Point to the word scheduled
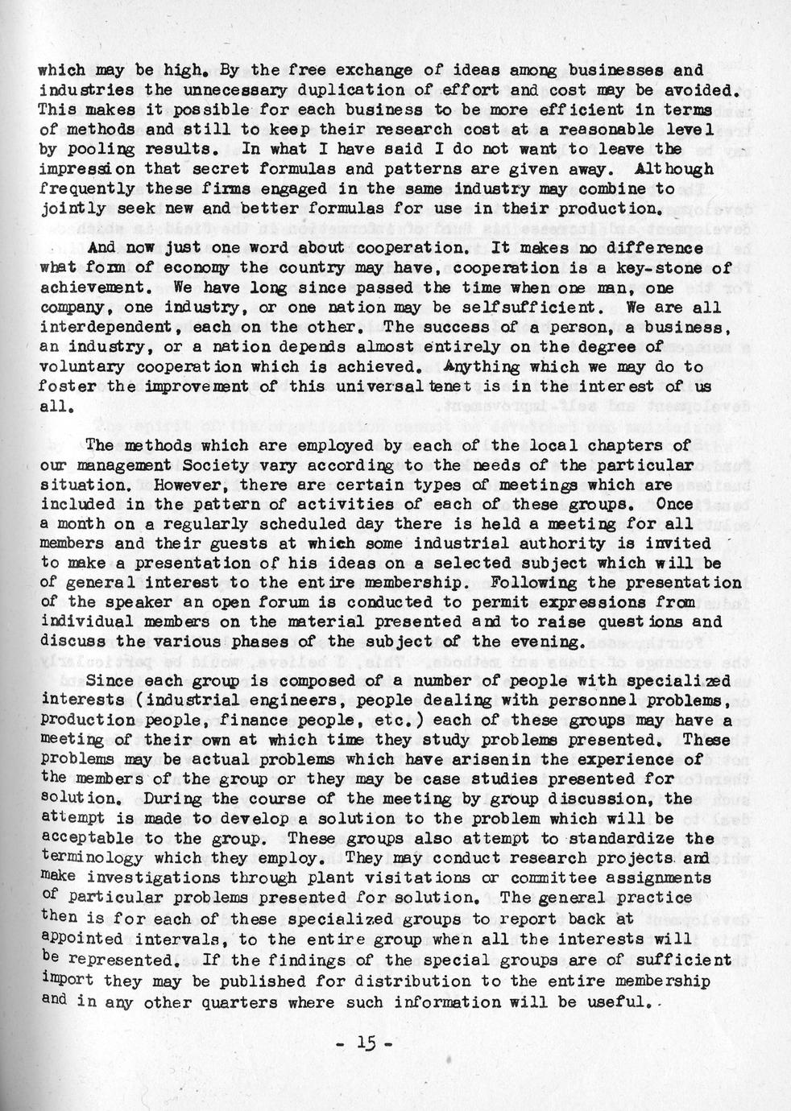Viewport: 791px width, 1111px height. point(271,523)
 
